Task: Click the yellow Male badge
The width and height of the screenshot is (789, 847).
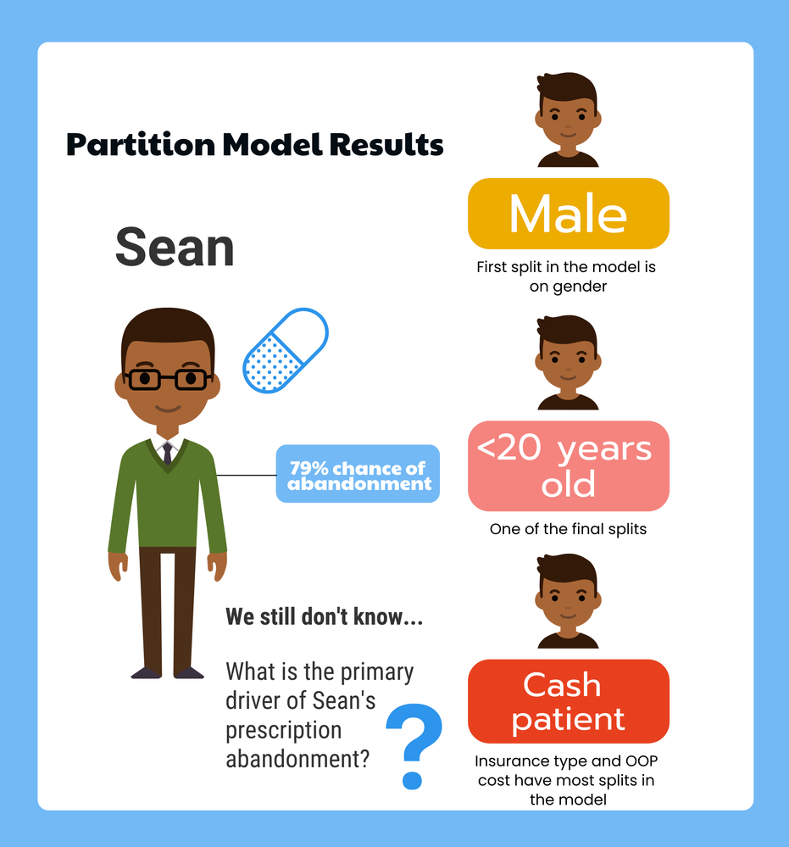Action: [568, 214]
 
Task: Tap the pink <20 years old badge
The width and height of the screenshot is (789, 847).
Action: [568, 465]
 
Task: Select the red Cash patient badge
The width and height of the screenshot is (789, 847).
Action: [568, 701]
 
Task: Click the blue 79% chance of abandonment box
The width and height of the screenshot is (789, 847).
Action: [358, 474]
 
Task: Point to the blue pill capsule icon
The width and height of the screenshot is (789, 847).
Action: [285, 350]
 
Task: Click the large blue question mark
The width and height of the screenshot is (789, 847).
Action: [414, 746]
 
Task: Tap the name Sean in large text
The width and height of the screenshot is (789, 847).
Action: [175, 247]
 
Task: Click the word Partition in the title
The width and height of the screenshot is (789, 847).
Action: [141, 145]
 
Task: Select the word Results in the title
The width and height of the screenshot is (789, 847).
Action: [386, 144]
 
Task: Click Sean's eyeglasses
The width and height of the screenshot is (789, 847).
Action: [168, 379]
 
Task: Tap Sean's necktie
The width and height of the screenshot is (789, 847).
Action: [168, 454]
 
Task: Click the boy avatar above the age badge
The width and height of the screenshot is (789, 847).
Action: [568, 363]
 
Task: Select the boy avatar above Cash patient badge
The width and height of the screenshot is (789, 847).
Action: [568, 600]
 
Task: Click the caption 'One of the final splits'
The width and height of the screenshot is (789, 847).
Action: [568, 529]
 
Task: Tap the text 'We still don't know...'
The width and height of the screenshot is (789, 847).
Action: [324, 616]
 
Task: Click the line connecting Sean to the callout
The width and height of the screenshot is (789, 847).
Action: [247, 476]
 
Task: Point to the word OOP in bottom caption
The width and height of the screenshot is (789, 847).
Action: [642, 761]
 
